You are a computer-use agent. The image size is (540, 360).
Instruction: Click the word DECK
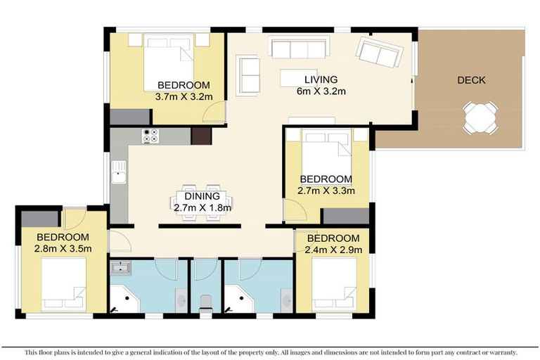pos(470,80)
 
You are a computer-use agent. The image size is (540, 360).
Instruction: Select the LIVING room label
pos(320,79)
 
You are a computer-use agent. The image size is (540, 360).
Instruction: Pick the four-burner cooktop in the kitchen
pos(150,136)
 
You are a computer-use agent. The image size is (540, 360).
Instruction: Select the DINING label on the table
pos(202,197)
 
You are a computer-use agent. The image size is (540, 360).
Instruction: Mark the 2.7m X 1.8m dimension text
pos(202,207)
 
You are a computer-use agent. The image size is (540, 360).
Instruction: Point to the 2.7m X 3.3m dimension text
pos(326,191)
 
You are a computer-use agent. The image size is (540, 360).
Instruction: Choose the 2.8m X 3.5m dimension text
pos(63,248)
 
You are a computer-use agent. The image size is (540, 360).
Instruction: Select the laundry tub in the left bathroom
pos(122,267)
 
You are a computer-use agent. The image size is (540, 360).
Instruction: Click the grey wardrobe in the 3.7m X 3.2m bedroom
pos(129,117)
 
